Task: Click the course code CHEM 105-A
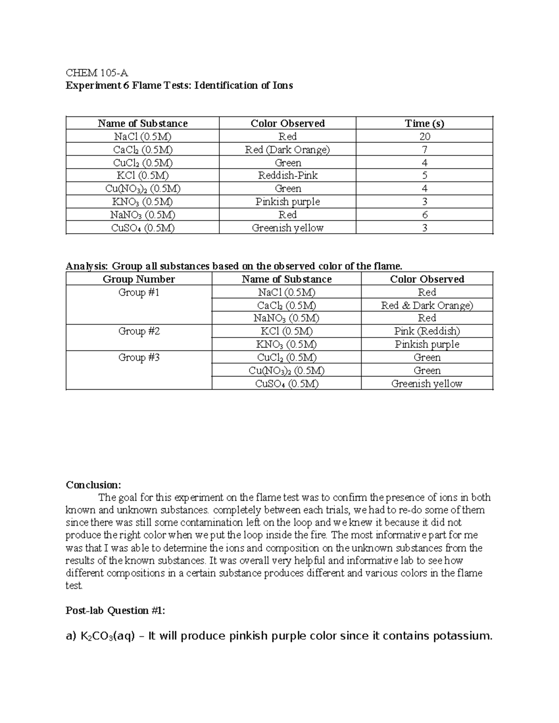pyautogui.click(x=96, y=73)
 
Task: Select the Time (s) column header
pyautogui.click(x=424, y=123)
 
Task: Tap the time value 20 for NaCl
pyautogui.click(x=424, y=136)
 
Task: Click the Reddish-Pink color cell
pyautogui.click(x=287, y=176)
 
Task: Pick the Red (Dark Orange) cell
pyautogui.click(x=287, y=149)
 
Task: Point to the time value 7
pyautogui.click(x=424, y=149)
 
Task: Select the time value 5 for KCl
pyautogui.click(x=424, y=176)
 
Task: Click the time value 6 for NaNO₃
pyautogui.click(x=424, y=215)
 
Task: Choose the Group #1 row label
pyautogui.click(x=139, y=292)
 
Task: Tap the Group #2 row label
pyautogui.click(x=139, y=331)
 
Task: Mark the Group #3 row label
pyautogui.click(x=139, y=358)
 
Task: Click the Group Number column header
pyautogui.click(x=139, y=279)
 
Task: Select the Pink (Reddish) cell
pyautogui.click(x=427, y=331)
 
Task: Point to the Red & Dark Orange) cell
pyautogui.click(x=427, y=305)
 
